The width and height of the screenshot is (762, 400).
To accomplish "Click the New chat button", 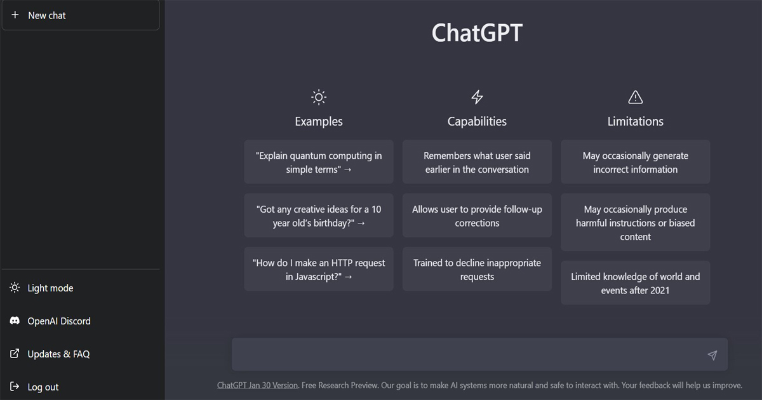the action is click(81, 15).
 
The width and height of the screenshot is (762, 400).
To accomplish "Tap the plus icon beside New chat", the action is click(15, 15).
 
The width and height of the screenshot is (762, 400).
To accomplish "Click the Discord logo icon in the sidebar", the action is click(15, 321).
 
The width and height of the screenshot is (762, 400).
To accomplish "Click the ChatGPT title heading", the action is click(477, 32).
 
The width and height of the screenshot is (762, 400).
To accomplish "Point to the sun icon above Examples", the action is click(319, 97).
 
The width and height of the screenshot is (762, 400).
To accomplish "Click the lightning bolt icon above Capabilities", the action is click(477, 97).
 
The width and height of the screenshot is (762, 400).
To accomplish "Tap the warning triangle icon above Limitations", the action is click(636, 97).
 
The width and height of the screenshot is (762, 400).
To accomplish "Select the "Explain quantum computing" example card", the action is click(319, 162).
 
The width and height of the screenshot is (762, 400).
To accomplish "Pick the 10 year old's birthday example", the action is click(319, 216).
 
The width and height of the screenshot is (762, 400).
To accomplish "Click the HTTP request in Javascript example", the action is click(319, 269).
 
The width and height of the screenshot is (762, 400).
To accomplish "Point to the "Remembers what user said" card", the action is click(477, 162).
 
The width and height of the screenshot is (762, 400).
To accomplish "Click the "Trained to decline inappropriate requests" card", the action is click(477, 269).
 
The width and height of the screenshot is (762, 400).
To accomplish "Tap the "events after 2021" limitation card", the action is click(636, 283).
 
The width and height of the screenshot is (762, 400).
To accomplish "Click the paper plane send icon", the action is click(712, 355).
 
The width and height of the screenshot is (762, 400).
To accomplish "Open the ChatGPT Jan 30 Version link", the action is click(258, 385).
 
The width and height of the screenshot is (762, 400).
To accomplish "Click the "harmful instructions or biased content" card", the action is click(636, 222).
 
